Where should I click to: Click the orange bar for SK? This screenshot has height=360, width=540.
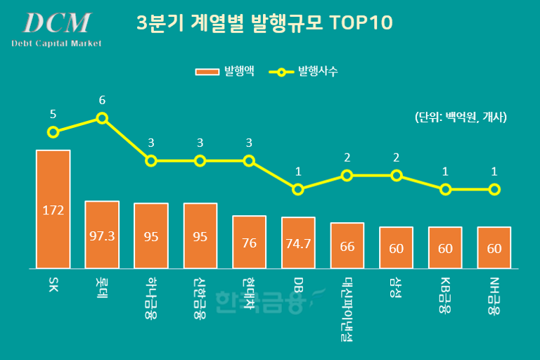(x=53, y=209)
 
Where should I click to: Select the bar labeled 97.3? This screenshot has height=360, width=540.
(x=102, y=235)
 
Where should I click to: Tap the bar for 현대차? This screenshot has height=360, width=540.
(x=249, y=242)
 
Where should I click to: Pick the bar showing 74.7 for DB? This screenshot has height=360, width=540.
(x=298, y=243)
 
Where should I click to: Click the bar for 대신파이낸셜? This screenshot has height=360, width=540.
(x=347, y=245)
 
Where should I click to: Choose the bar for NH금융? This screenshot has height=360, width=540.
(x=494, y=247)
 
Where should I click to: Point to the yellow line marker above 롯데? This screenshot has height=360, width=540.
(x=102, y=118)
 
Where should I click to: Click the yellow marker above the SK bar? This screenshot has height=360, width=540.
(x=53, y=131)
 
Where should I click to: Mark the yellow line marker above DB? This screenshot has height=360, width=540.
(x=298, y=189)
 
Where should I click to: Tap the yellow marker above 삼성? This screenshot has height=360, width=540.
(x=397, y=176)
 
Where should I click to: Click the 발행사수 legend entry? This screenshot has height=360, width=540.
(x=307, y=71)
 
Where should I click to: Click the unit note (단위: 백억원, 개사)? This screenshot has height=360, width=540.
(x=461, y=117)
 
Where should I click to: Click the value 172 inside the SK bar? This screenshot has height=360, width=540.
(x=53, y=209)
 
